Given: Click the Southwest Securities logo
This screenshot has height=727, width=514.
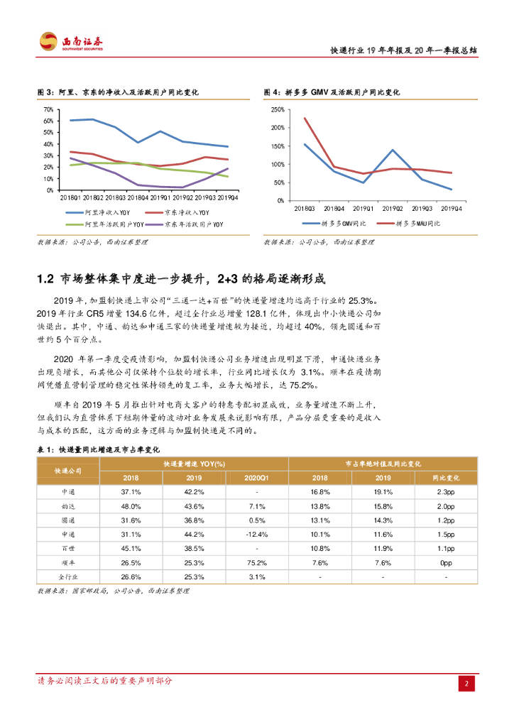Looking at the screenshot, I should coord(71,42).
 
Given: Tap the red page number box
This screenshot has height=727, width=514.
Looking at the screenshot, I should coord(466,683).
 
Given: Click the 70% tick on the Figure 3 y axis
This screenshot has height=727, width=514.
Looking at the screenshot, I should coord(48,109).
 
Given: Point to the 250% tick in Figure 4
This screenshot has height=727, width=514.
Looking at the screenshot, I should coord(278,109).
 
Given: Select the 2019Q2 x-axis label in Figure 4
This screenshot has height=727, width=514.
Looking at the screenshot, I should coord(392,208).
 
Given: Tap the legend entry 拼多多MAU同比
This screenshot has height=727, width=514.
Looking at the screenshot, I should coord(417,224).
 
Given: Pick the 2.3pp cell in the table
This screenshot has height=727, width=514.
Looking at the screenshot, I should coord(446,492).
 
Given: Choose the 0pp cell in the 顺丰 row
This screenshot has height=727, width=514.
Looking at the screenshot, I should coord(446,562).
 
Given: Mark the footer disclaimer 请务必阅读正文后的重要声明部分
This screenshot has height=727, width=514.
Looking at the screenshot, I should coord(104,682).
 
